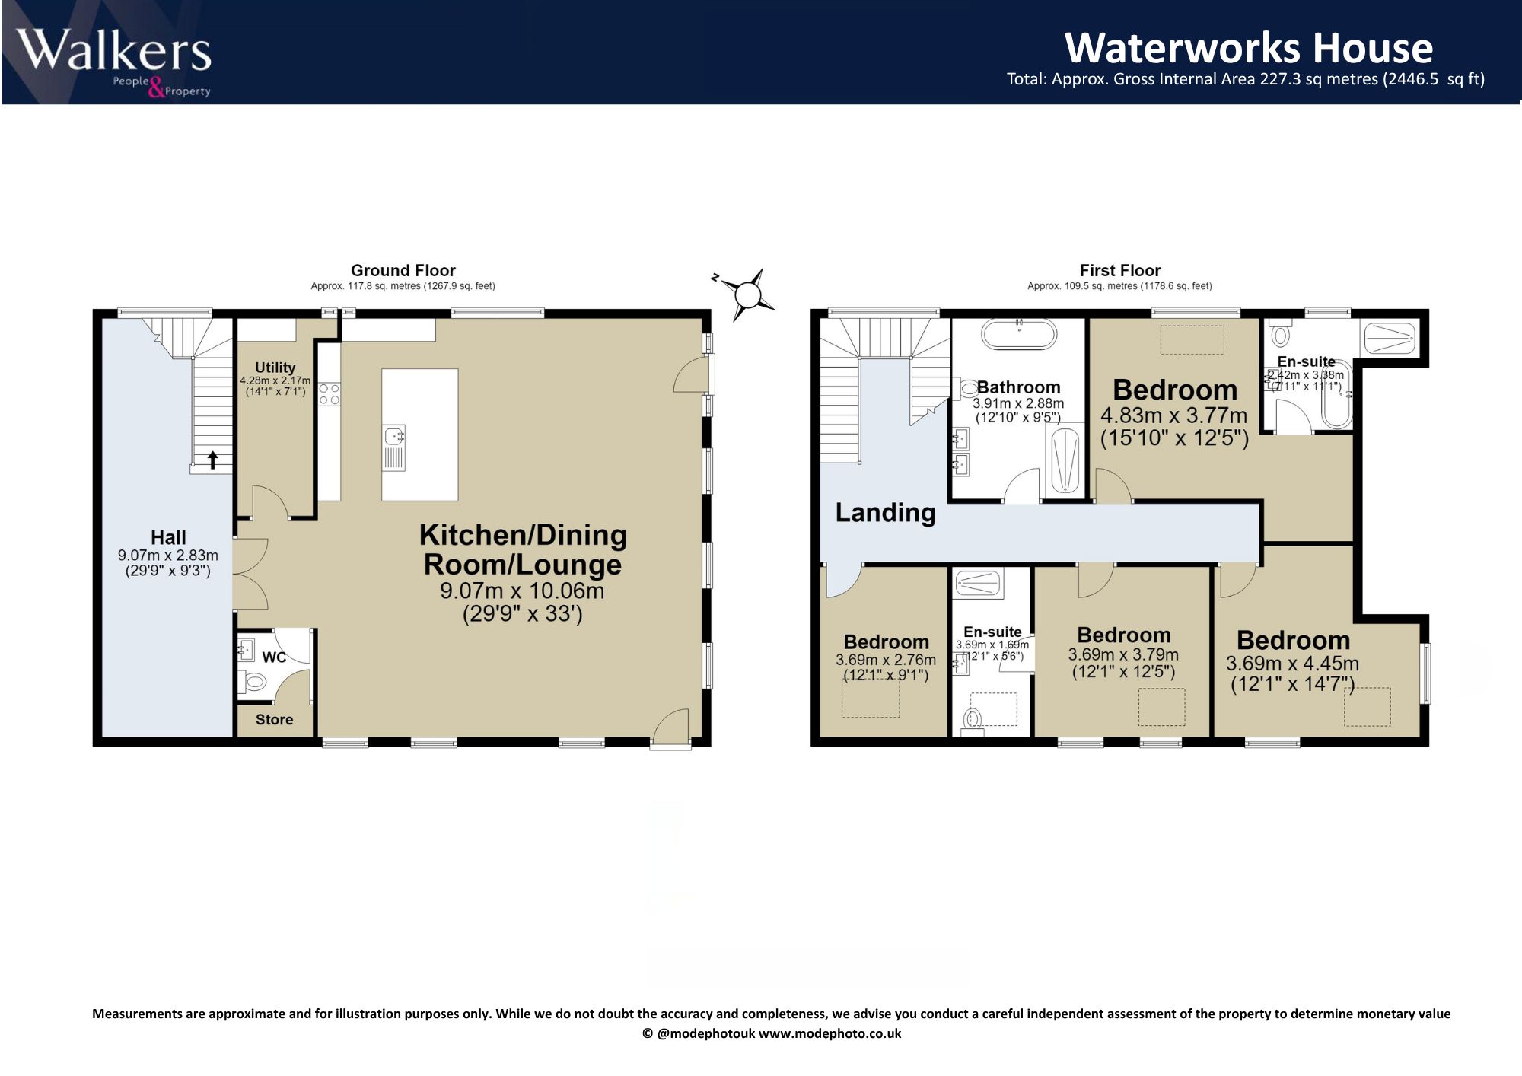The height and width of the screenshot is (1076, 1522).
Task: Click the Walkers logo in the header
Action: [114, 62]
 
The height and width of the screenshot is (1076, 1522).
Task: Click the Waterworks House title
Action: [1249, 48]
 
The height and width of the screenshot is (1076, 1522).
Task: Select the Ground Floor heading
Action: [403, 270]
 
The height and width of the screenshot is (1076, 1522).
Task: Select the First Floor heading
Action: [1119, 270]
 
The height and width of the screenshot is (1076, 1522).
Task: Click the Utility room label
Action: [275, 368]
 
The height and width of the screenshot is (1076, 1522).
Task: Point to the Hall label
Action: [168, 537]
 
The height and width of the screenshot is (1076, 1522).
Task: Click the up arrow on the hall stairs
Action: [213, 459]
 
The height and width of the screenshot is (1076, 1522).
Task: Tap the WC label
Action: [274, 657]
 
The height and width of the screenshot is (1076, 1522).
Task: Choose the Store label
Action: [274, 719]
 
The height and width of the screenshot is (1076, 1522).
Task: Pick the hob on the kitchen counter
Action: [329, 393]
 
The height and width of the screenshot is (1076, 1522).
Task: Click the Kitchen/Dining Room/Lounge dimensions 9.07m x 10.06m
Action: [522, 591]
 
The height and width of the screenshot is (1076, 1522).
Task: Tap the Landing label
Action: [885, 513]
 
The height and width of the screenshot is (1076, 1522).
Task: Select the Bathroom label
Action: [1018, 387]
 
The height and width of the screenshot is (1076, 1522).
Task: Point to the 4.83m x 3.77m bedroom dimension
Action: [1173, 415]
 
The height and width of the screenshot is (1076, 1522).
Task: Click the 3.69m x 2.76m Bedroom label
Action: [886, 641]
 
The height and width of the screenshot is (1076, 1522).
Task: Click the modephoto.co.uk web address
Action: [829, 1033]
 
